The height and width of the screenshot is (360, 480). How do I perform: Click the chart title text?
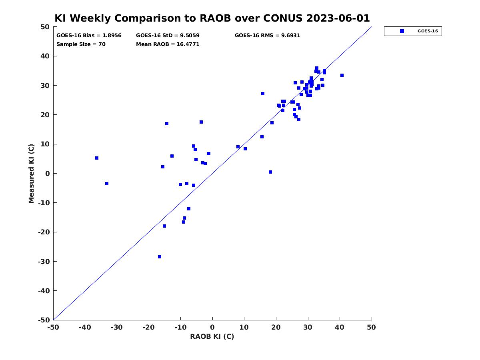212,18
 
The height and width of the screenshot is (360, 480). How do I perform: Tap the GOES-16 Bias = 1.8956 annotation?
89,36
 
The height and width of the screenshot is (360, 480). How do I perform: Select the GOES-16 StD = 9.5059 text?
168,36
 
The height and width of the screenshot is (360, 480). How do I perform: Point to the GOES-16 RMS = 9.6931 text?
267,36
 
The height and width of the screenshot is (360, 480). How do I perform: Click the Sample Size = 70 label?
81,44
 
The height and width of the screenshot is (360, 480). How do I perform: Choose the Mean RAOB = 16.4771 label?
168,44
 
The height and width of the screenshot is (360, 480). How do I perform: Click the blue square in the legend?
402,31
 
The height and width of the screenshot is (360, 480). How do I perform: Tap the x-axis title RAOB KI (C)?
212,336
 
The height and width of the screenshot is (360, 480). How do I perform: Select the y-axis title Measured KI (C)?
31,173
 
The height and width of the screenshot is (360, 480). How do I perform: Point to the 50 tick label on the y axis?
45,27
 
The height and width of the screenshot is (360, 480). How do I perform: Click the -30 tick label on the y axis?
44,262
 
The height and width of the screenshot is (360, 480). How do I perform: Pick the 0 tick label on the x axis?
212,327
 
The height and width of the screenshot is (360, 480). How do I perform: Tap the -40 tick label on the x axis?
85,327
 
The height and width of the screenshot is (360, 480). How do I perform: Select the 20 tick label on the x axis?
276,327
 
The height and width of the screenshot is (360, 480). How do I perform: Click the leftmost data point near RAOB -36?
97,158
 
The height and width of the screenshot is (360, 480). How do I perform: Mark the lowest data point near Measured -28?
160,257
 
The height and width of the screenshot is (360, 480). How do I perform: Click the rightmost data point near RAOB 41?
342,75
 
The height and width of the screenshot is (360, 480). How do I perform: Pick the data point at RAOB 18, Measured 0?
270,172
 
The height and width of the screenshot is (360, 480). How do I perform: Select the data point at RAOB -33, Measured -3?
107,184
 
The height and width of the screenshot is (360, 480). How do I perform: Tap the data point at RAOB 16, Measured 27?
263,94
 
